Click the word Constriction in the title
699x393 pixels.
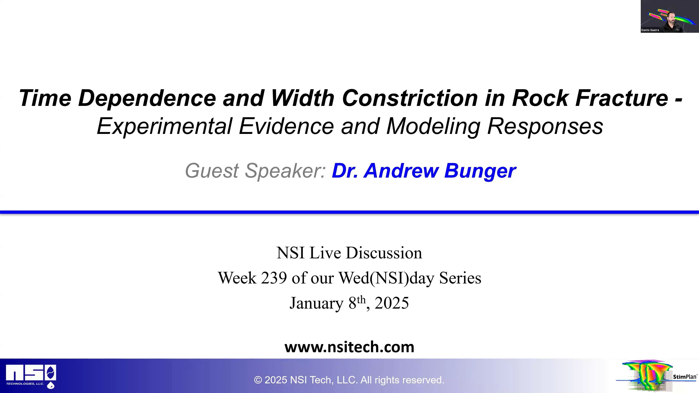[410, 98]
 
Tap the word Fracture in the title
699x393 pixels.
[622, 98]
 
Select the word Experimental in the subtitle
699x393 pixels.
[164, 126]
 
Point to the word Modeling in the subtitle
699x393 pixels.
[433, 126]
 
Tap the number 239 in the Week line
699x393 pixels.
[274, 278]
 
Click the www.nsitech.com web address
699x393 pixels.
[349, 347]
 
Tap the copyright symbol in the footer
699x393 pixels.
[258, 380]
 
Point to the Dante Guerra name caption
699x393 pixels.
[650, 30]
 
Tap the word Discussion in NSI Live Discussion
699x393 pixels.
[384, 253]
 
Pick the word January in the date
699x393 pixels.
[316, 303]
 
